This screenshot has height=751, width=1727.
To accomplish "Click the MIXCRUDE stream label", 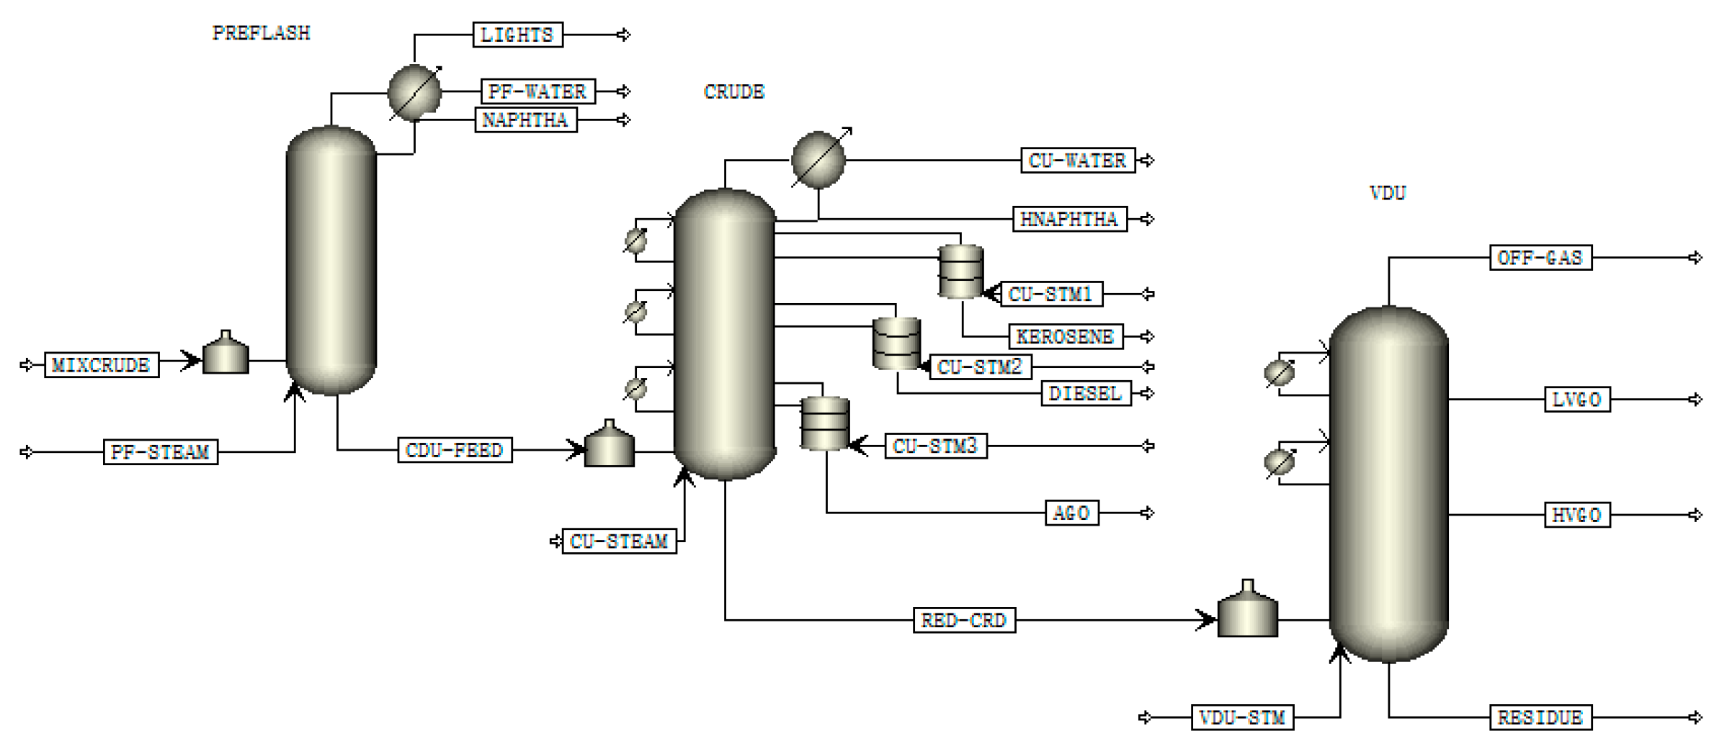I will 101,365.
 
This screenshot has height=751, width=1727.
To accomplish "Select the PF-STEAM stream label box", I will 160,452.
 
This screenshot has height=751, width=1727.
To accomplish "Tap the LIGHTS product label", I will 517,35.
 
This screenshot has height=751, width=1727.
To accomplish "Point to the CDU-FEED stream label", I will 455,451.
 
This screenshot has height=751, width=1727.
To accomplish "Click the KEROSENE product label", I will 1065,336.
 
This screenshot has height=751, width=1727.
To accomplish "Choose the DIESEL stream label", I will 1086,393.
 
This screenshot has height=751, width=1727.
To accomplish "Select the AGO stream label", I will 1071,513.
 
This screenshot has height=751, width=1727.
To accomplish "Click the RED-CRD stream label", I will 964,620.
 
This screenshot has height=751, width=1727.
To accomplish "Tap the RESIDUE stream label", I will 1540,717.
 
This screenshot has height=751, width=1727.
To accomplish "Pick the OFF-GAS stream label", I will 1540,258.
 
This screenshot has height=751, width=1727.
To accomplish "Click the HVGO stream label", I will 1577,515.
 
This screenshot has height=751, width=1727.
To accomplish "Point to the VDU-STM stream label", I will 1242,717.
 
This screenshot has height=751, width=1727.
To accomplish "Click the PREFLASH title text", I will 261,33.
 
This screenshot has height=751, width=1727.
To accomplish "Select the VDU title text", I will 1387,193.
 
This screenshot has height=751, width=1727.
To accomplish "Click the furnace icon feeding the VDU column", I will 1247,611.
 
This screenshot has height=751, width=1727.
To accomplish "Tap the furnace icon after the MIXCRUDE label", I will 226,354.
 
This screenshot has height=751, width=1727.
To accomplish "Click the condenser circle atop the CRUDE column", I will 818,160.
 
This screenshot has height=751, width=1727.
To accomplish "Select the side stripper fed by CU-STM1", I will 961,272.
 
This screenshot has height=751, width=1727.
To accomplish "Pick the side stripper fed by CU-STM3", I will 825,423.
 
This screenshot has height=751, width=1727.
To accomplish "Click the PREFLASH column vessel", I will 331,259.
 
